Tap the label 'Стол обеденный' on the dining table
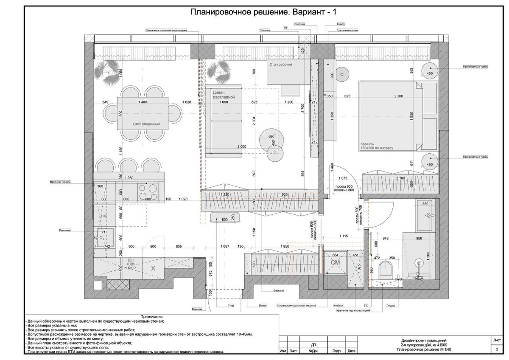pos(146,124)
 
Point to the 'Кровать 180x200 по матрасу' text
pos(377,146)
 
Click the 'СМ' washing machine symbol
pos(335,263)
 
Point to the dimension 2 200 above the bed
pos(398,96)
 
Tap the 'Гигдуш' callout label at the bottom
pos(391,306)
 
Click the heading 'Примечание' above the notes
pos(152,317)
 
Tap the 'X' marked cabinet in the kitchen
pos(153,268)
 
